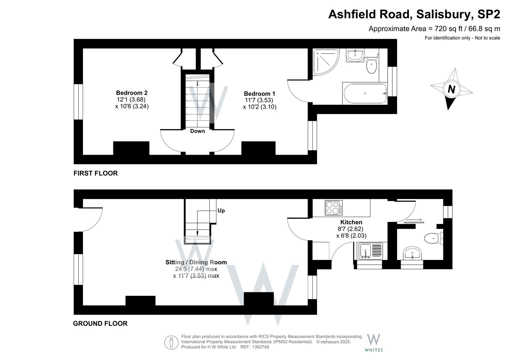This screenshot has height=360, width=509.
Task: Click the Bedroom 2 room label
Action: click(132, 93)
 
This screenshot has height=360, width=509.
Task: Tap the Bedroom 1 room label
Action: click(259, 94)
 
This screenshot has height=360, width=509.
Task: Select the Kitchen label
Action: click(351, 222)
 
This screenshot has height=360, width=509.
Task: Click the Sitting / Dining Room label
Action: click(196, 262)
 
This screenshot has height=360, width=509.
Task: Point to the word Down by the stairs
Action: click(197, 131)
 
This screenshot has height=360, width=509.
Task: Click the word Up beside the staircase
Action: click(221, 211)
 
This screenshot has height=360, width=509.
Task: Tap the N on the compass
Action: click(451, 89)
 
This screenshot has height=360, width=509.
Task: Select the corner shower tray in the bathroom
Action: click(325, 62)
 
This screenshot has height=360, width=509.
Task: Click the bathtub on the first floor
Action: click(365, 94)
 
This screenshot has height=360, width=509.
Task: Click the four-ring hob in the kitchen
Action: click(334, 208)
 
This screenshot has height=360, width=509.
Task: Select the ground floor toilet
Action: click(432, 238)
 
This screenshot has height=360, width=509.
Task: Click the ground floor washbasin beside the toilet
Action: click(412, 254)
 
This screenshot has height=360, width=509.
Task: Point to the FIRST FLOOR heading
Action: click(96, 173)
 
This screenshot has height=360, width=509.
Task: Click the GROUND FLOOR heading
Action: click(100, 324)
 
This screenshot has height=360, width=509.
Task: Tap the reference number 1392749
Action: click(261, 347)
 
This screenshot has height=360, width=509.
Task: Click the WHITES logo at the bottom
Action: click(374, 343)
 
